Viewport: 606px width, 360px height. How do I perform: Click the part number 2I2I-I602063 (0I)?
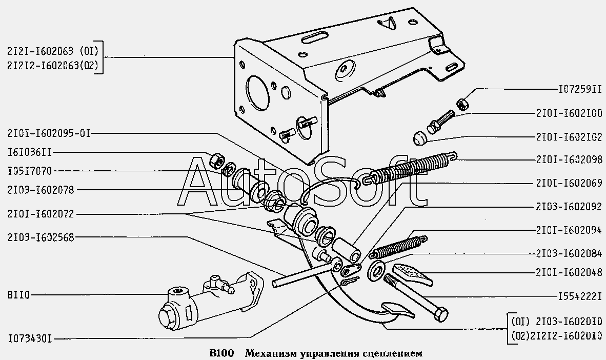click(53, 51)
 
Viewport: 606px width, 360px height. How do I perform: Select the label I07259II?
click(580, 89)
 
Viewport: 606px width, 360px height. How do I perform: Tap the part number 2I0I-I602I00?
click(569, 113)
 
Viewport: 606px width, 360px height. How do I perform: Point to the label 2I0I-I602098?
click(569, 159)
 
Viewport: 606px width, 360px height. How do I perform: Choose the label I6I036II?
click(29, 152)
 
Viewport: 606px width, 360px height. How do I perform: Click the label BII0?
click(18, 295)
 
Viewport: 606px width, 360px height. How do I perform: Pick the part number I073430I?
click(29, 339)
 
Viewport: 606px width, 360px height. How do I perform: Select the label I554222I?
click(580, 297)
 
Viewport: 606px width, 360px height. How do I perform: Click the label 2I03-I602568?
click(41, 237)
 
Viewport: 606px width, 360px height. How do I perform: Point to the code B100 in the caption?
click(221, 353)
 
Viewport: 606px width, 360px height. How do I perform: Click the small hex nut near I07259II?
click(462, 104)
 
